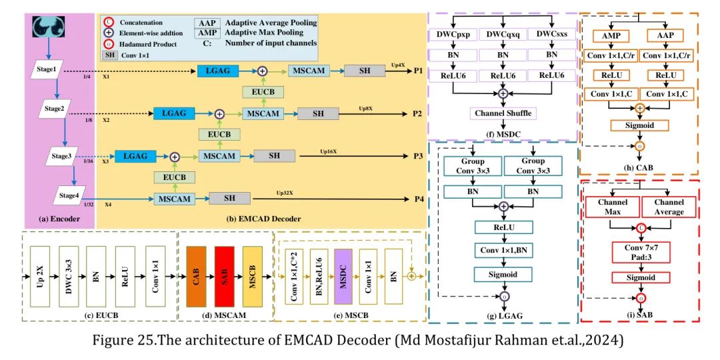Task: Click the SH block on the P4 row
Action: (229, 198)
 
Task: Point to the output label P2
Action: (417, 113)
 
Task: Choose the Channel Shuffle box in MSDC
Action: (503, 113)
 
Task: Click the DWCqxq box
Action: (503, 34)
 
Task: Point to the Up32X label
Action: (285, 193)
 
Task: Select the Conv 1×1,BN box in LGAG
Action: (503, 251)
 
